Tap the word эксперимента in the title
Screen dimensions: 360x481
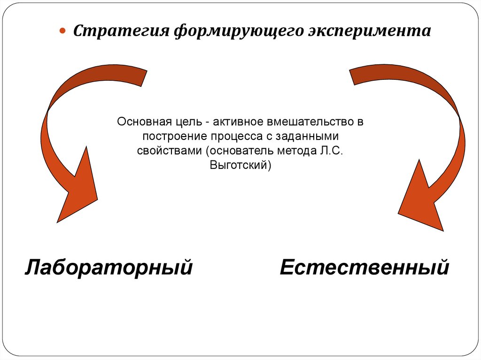pyautogui.click(x=369, y=31)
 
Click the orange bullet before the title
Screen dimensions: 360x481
pyautogui.click(x=62, y=31)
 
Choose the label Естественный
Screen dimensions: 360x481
pyautogui.click(x=365, y=268)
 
